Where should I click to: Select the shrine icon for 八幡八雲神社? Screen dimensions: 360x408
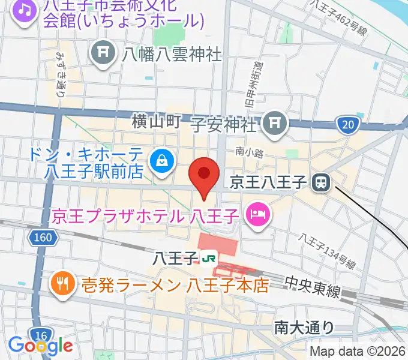[x=103, y=54]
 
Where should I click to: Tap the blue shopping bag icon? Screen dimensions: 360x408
[x=162, y=160]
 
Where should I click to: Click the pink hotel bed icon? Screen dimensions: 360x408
[x=258, y=214]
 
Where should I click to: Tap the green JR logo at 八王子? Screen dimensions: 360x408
[x=209, y=259]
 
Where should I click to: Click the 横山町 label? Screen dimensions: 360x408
[x=156, y=122]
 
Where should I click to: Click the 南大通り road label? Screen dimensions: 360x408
[x=304, y=327]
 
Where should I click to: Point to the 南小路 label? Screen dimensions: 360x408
[x=250, y=154]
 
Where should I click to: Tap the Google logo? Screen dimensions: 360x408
[x=40, y=346]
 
